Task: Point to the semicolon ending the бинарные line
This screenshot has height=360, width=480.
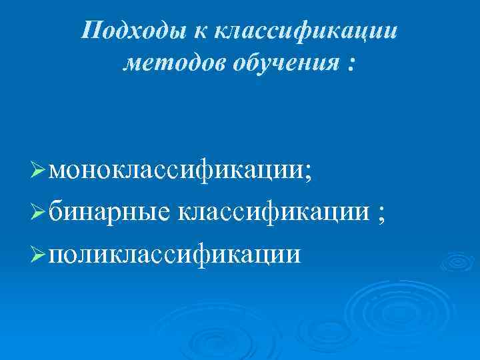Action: point(381,214)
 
